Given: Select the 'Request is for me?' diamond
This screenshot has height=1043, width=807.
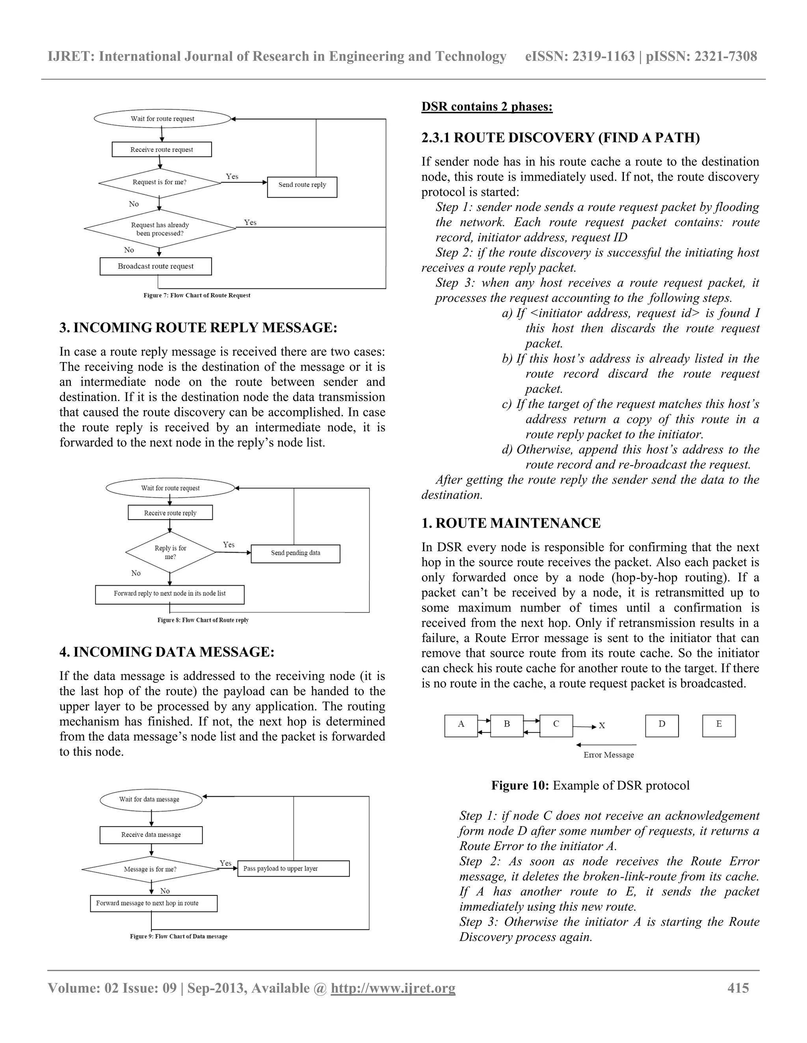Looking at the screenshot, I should (160, 183).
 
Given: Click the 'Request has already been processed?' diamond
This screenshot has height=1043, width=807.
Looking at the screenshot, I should (160, 229).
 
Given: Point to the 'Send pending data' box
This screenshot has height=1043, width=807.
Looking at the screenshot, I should (295, 553).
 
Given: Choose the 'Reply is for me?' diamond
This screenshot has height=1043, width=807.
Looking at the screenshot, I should (170, 552).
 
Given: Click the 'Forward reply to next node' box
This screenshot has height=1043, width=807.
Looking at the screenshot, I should (170, 594).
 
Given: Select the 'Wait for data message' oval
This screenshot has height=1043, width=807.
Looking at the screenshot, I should (151, 799).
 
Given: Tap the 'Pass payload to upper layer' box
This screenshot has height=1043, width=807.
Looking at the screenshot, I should (293, 869).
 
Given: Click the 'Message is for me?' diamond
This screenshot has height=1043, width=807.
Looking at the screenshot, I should (151, 869).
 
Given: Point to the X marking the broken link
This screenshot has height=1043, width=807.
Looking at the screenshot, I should (602, 726).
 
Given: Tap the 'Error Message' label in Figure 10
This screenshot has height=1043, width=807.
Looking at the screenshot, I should (608, 755).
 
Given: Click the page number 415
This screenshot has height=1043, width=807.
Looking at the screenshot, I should (738, 988).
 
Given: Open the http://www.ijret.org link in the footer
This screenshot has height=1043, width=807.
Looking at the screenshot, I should (393, 988).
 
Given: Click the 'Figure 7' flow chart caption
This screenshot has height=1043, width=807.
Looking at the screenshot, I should (197, 296).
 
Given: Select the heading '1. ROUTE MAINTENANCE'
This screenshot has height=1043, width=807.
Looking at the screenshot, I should (511, 523).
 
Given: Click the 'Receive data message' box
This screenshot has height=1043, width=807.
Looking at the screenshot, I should (151, 835).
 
